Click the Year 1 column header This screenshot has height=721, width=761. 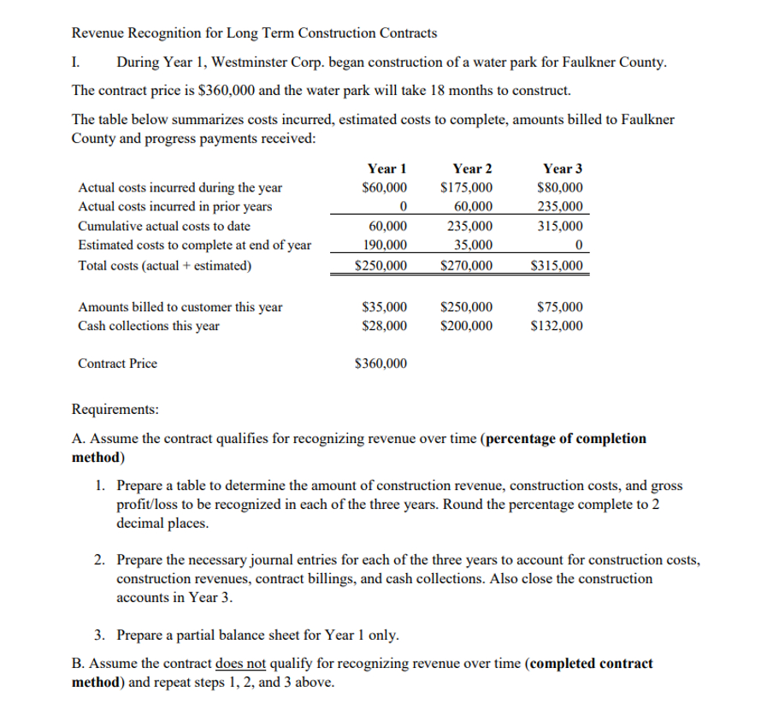[x=386, y=168]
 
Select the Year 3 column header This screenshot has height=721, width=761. [x=563, y=168]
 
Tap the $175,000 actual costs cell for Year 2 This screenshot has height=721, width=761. [x=465, y=188]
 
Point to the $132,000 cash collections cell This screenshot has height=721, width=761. [x=557, y=326]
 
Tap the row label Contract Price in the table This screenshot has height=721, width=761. [x=117, y=363]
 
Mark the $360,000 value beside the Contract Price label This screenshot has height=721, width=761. [x=380, y=363]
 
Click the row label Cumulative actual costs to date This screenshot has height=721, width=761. [x=164, y=227]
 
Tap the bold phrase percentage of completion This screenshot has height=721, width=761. [x=565, y=439]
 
